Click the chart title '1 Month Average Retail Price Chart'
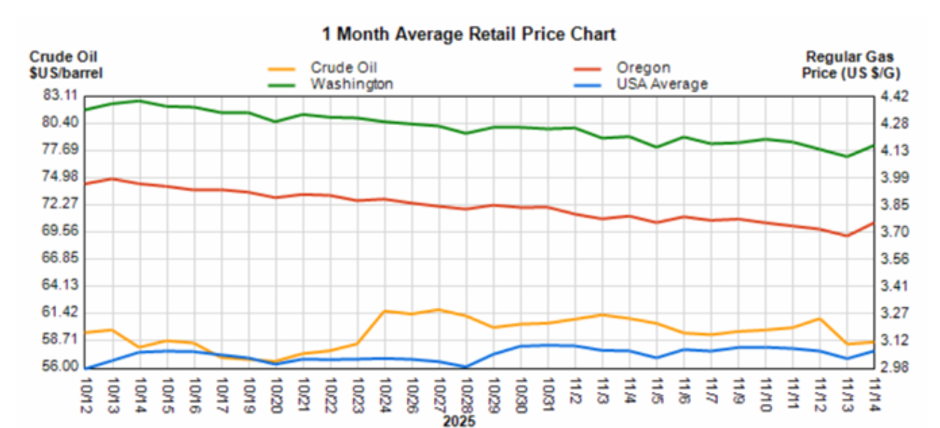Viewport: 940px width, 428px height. [469, 33]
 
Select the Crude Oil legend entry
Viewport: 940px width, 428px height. [343, 68]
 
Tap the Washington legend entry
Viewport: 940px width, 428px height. [351, 84]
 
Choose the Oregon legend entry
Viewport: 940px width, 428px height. [643, 68]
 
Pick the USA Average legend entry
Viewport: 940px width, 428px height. [661, 84]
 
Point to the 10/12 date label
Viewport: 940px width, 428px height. [87, 395]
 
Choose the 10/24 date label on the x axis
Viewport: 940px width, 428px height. [385, 395]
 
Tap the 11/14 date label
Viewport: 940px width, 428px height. [874, 395]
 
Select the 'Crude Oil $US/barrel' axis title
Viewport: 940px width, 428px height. [66, 64]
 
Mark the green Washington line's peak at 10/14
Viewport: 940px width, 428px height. [140, 101]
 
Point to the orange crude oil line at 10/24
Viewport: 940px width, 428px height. [385, 311]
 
